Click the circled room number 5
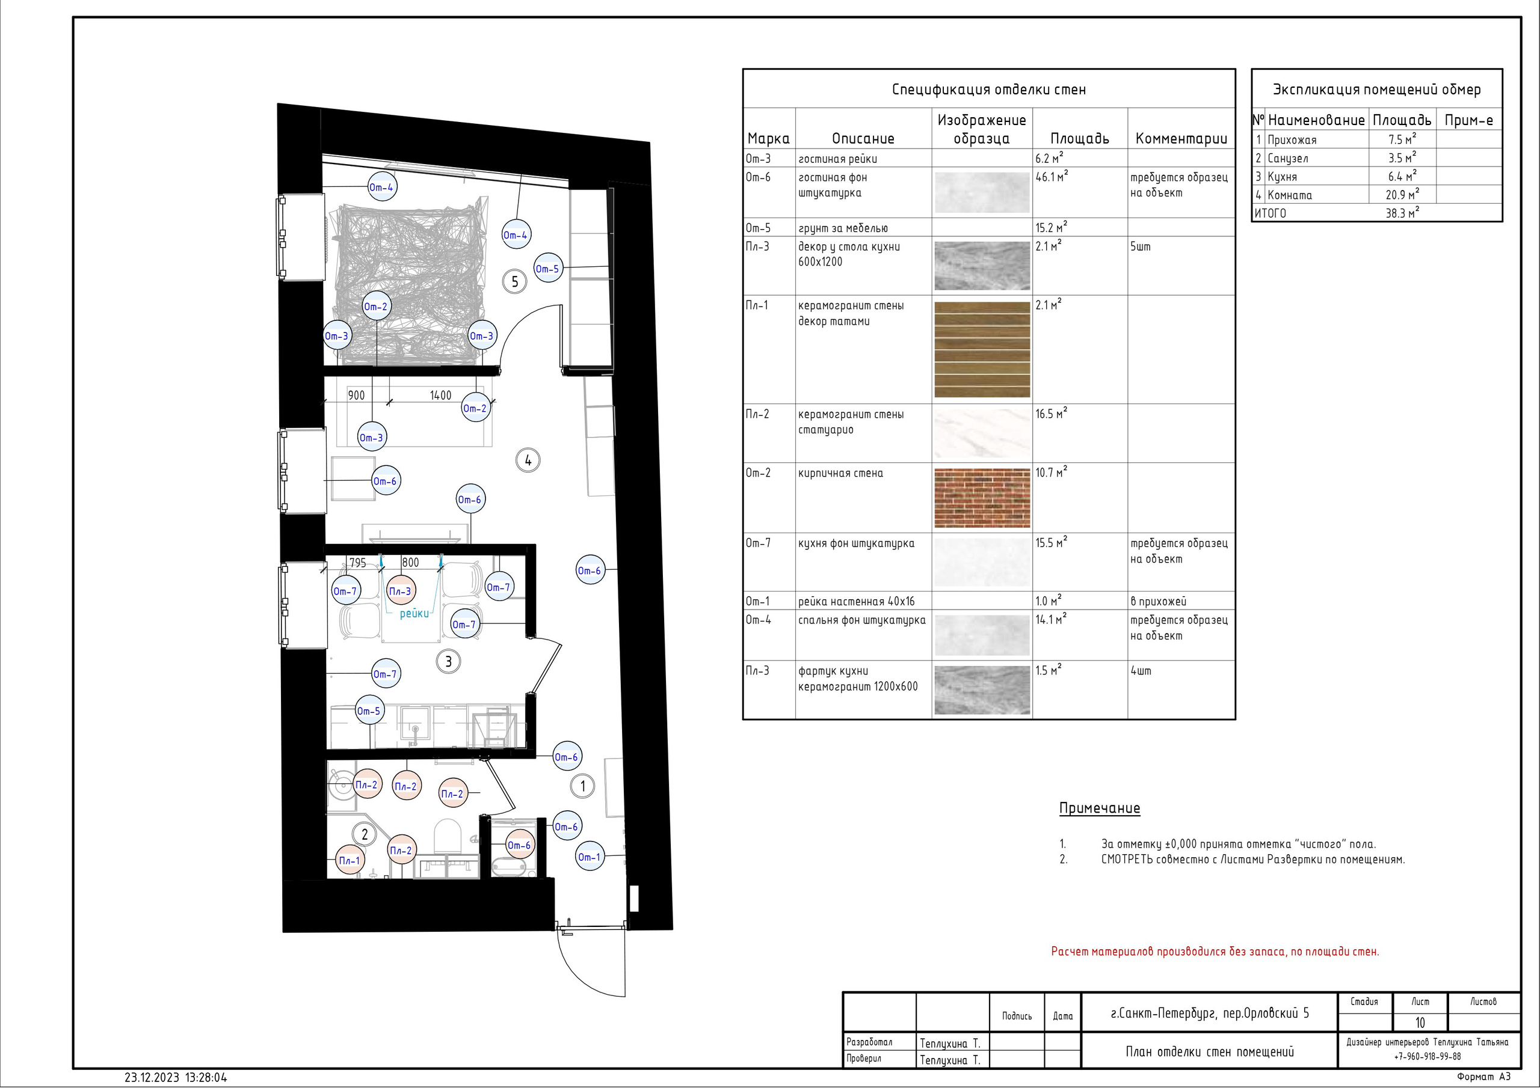click(514, 281)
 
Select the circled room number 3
click(449, 662)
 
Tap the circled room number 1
click(582, 786)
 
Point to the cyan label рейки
click(414, 613)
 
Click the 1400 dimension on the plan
click(441, 396)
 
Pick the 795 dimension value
click(357, 563)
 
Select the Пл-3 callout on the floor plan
click(401, 591)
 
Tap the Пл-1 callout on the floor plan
click(350, 861)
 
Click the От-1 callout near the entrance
click(590, 857)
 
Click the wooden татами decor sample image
click(982, 349)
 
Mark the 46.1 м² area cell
click(1052, 177)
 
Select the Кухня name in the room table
click(1282, 177)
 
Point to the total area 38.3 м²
click(1402, 213)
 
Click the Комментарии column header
click(1181, 139)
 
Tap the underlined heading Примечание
click(1099, 808)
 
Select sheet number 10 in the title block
click(1420, 1023)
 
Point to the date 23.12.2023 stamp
click(152, 1078)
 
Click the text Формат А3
click(1483, 1077)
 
